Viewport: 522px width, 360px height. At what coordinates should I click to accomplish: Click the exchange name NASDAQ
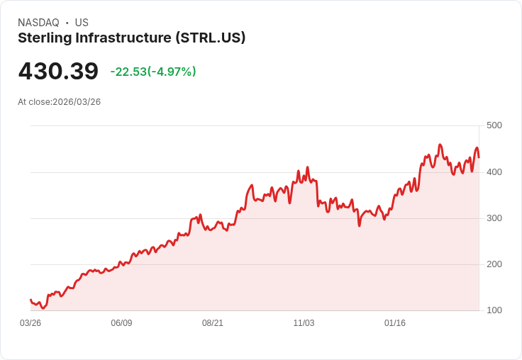(38, 23)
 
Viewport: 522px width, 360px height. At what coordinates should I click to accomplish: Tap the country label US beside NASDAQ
(82, 23)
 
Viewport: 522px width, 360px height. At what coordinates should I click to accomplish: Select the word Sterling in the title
(44, 38)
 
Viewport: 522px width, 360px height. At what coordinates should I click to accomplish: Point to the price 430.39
(58, 72)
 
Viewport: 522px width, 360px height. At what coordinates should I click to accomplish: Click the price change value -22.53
(128, 72)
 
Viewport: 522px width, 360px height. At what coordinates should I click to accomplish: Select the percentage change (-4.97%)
(172, 72)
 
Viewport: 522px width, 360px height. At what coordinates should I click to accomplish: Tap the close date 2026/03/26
(77, 102)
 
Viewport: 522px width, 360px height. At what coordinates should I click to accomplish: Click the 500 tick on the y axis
(494, 125)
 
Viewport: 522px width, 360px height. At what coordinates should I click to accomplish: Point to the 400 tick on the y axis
(494, 171)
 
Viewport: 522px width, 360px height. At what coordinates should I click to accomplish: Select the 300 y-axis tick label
(494, 218)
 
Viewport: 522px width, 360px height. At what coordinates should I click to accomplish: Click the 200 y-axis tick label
(494, 264)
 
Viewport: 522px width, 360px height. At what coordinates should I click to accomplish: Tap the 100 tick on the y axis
(494, 310)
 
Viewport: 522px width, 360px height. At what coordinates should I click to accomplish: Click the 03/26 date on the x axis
(30, 323)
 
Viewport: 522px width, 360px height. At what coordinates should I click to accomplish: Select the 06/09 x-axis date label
(121, 323)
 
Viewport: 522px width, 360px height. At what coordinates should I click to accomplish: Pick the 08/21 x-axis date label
(213, 323)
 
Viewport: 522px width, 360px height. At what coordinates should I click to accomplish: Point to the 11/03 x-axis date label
(304, 323)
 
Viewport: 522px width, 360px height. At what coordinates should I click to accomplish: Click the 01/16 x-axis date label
(395, 323)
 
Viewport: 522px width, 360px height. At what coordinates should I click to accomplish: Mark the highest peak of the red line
(440, 145)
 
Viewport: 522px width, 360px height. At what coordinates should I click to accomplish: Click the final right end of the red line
(479, 157)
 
